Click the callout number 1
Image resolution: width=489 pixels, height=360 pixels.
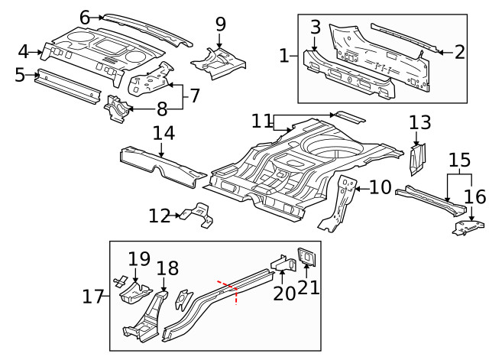(x=284, y=55)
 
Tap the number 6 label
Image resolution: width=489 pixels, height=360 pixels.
(x=85, y=16)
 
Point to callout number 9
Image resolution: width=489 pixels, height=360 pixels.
(x=221, y=24)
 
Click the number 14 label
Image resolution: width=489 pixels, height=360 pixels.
(x=163, y=132)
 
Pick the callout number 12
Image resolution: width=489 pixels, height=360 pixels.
(x=159, y=216)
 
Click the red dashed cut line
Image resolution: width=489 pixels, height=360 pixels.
(x=229, y=288)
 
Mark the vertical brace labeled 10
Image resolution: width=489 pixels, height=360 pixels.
(x=341, y=200)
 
